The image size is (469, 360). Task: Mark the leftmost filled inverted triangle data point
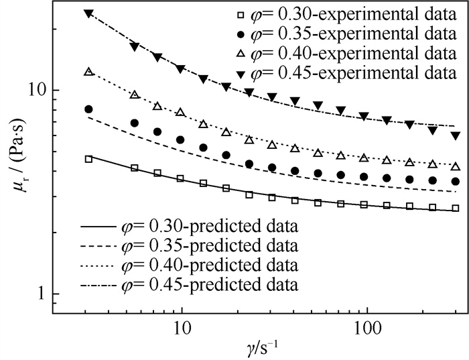[x=88, y=13]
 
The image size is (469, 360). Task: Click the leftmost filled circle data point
[x=88, y=109]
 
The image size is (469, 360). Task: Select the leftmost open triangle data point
[x=88, y=71]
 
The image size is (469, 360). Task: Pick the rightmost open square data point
[x=456, y=208]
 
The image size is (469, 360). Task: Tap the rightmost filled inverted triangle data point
[x=456, y=135]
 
